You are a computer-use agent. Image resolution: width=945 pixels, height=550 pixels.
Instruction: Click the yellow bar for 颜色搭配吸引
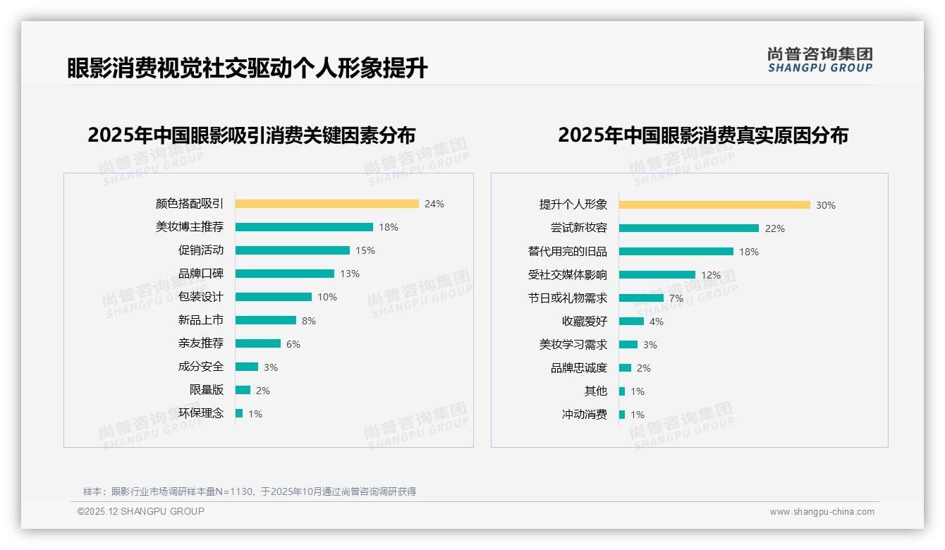point(327,204)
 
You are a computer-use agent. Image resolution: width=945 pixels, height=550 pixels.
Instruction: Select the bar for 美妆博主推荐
point(304,227)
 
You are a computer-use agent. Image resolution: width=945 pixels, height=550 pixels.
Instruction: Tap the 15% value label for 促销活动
point(365,250)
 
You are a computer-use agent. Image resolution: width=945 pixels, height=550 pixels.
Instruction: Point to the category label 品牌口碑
point(200,274)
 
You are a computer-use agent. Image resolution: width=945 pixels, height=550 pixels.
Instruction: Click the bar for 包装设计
point(274,297)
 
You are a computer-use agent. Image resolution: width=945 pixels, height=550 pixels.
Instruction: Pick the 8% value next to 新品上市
point(309,321)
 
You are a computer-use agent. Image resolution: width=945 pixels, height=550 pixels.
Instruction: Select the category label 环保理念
point(200,413)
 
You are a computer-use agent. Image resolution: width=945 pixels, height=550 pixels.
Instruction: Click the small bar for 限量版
point(243,390)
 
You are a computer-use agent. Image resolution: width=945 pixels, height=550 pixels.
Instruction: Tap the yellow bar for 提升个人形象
point(714,204)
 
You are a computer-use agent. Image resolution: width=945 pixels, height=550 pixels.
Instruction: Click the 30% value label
point(826,205)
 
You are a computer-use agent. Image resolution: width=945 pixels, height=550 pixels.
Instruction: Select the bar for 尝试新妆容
point(689,228)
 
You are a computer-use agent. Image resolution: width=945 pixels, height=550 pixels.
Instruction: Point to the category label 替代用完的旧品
point(567,252)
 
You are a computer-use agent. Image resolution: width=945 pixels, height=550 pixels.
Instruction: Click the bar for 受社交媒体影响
point(657,274)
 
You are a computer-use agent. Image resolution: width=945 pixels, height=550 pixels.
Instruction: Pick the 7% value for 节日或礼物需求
point(676,298)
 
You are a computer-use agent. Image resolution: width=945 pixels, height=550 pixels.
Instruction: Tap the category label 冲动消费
point(584,415)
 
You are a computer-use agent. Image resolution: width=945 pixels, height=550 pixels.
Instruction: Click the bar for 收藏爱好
point(631,321)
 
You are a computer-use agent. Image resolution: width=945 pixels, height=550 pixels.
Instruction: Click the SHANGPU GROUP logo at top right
point(819,60)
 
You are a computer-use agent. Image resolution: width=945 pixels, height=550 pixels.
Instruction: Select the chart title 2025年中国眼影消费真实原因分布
point(702,135)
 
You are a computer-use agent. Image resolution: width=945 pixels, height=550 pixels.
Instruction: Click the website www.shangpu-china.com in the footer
point(822,512)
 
